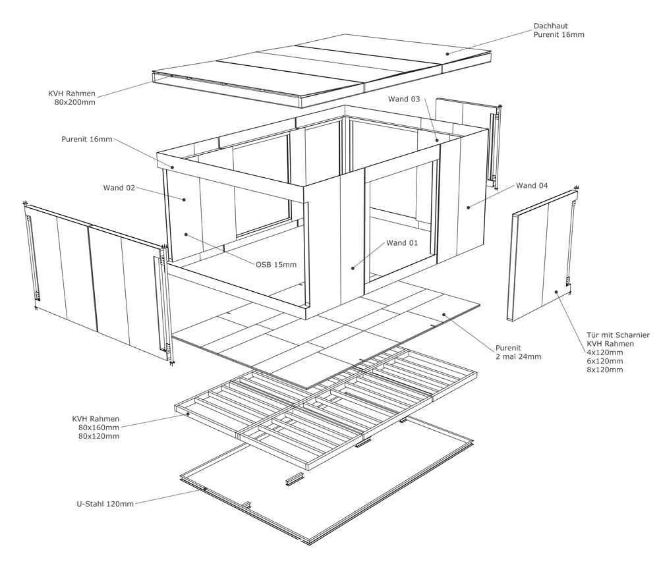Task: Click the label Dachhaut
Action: coord(550,26)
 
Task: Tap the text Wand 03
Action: coord(404,99)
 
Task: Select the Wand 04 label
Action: coord(532,186)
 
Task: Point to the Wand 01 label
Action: coord(402,243)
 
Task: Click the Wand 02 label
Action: coord(119,188)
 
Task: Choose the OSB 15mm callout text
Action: coord(276,265)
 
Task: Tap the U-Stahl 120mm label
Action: coord(105,504)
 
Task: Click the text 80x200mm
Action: coord(75,102)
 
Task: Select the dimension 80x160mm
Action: coord(99,428)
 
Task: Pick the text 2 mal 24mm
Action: coord(519,357)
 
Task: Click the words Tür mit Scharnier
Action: coord(618,335)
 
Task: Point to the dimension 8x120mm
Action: coord(605,370)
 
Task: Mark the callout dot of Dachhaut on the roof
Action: coord(447,54)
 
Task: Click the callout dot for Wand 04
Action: coord(468,207)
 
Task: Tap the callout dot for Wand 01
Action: coord(353,268)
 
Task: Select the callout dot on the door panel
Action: coord(556,292)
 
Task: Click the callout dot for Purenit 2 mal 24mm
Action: coord(444,314)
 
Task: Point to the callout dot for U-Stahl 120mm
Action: coord(205,489)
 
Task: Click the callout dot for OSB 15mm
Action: coord(185,235)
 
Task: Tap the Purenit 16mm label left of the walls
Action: coord(87,139)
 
